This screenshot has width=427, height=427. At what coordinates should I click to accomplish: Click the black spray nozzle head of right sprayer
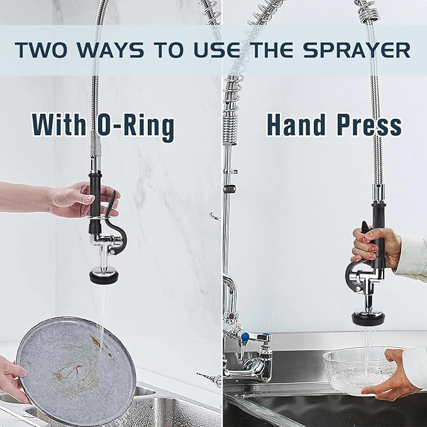368,318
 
